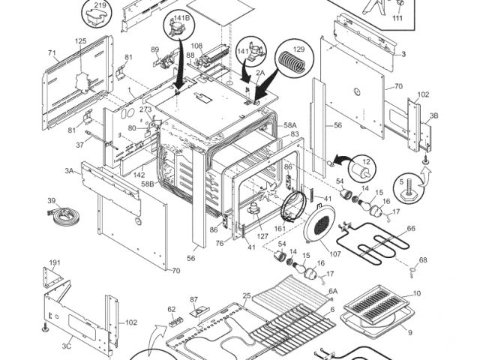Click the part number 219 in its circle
(x=100, y=5)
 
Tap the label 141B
(x=181, y=18)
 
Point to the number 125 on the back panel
(x=81, y=41)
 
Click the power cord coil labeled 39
(x=64, y=215)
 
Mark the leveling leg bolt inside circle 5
(x=409, y=191)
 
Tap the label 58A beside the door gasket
(x=290, y=125)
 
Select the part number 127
(x=262, y=236)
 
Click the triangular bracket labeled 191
(x=52, y=277)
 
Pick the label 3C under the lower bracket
(x=67, y=346)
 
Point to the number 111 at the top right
(x=397, y=18)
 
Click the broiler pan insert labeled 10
(x=376, y=305)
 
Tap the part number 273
(x=145, y=109)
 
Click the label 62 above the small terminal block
(x=172, y=310)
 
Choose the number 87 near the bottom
(x=193, y=300)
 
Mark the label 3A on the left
(x=69, y=171)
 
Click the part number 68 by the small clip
(x=423, y=260)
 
